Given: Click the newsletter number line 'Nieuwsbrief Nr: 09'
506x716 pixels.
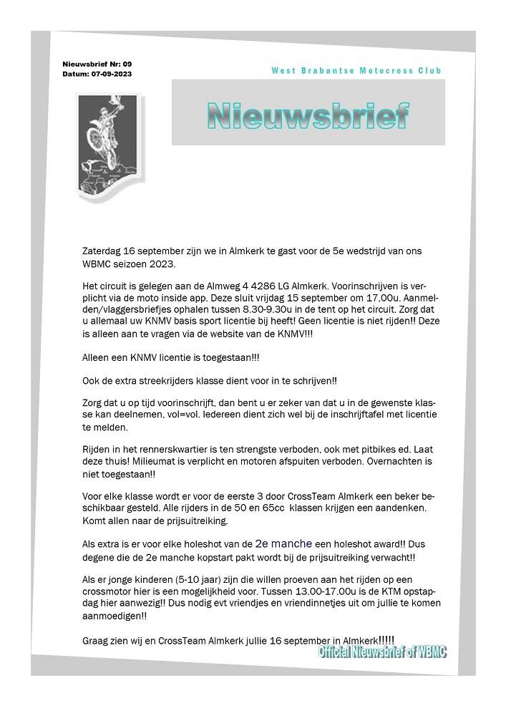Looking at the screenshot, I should (x=97, y=64).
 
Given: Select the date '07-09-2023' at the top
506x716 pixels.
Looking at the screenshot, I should (x=111, y=74).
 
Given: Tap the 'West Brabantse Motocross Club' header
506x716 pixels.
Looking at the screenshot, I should (x=356, y=70).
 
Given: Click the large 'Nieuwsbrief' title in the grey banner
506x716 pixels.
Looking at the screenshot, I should (x=308, y=115).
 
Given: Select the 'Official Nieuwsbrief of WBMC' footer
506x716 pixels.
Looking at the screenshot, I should (x=383, y=653).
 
